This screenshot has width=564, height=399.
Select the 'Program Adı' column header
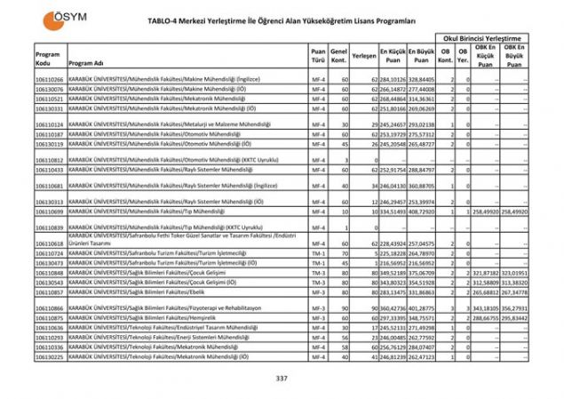pos(86,64)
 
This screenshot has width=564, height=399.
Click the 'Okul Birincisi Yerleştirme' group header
pos(483,39)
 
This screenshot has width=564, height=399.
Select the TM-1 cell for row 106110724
pos(317,253)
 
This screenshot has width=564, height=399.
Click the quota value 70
pos(341,253)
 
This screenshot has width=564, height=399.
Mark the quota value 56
pos(341,339)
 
